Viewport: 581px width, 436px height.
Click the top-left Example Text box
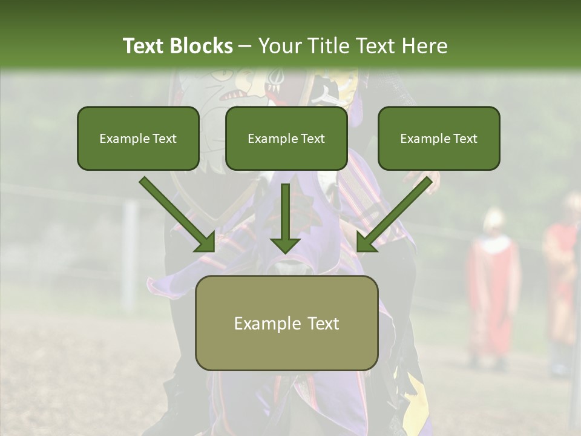[138, 138]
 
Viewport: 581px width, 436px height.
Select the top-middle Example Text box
[286, 138]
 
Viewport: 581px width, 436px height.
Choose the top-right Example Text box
[439, 138]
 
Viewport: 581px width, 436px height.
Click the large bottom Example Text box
[286, 323]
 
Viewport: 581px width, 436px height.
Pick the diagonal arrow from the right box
[397, 215]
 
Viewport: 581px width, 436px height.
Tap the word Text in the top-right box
[465, 139]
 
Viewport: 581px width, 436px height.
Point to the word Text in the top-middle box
[313, 139]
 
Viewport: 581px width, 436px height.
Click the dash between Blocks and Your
[246, 46]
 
